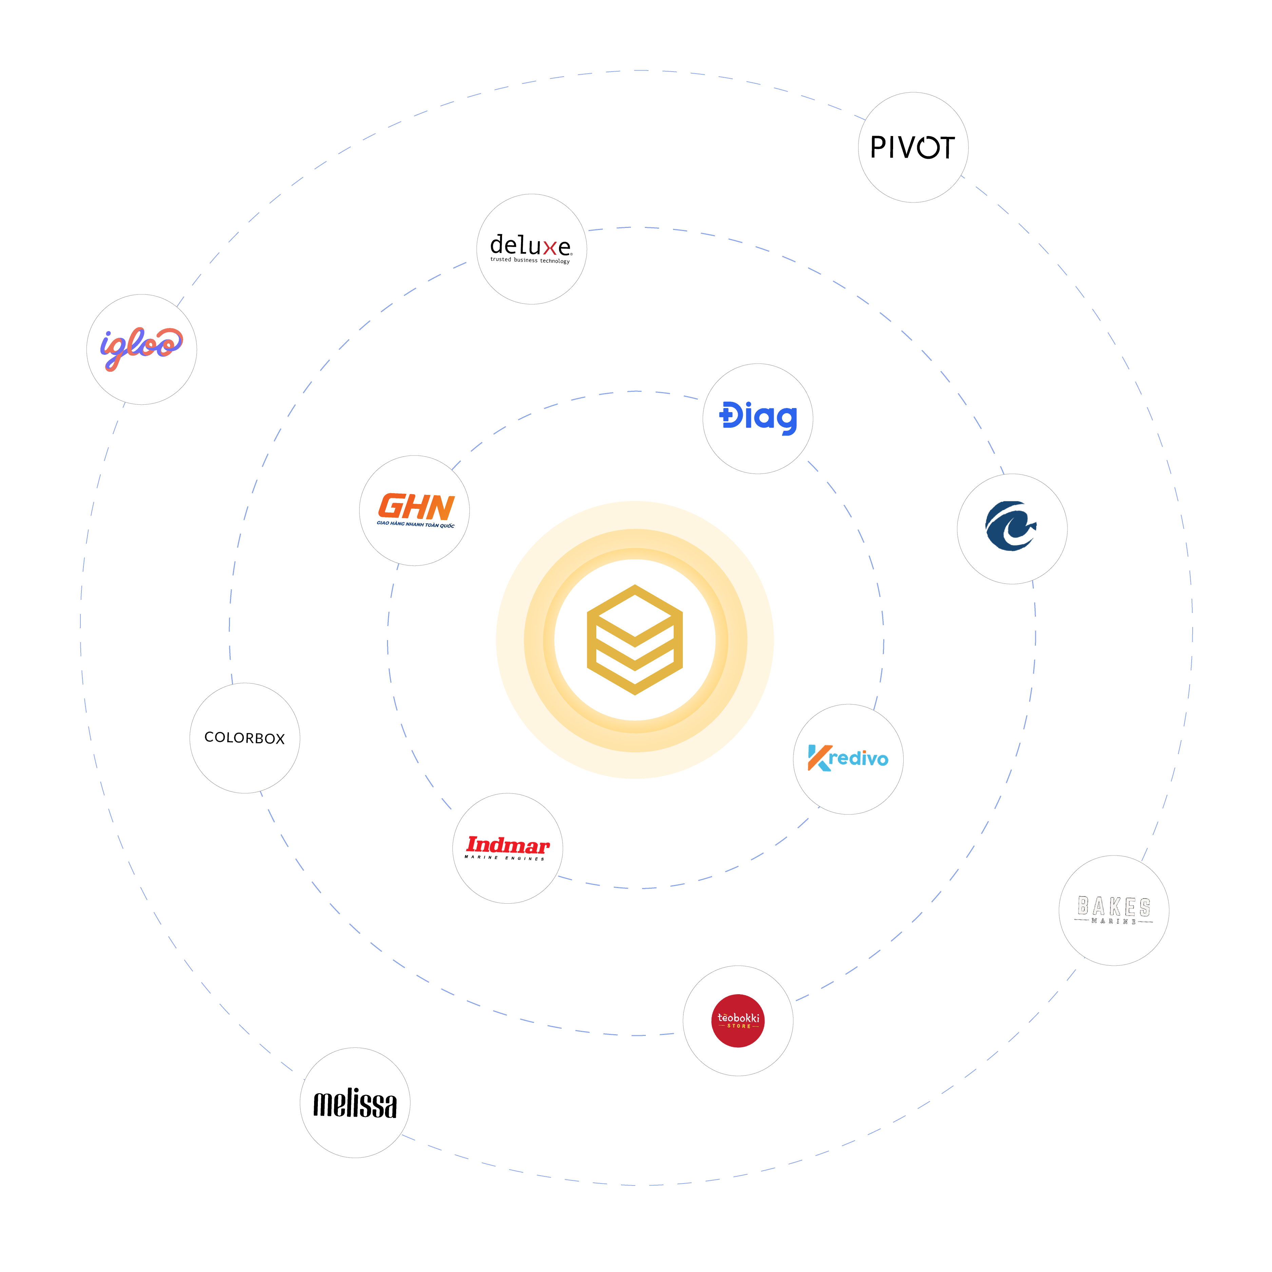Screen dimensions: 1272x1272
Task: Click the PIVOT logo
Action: [x=912, y=148]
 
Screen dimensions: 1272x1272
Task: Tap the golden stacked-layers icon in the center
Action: [x=635, y=639]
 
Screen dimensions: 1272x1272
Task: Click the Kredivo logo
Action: [x=848, y=758]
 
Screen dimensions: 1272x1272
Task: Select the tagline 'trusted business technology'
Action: [x=530, y=260]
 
